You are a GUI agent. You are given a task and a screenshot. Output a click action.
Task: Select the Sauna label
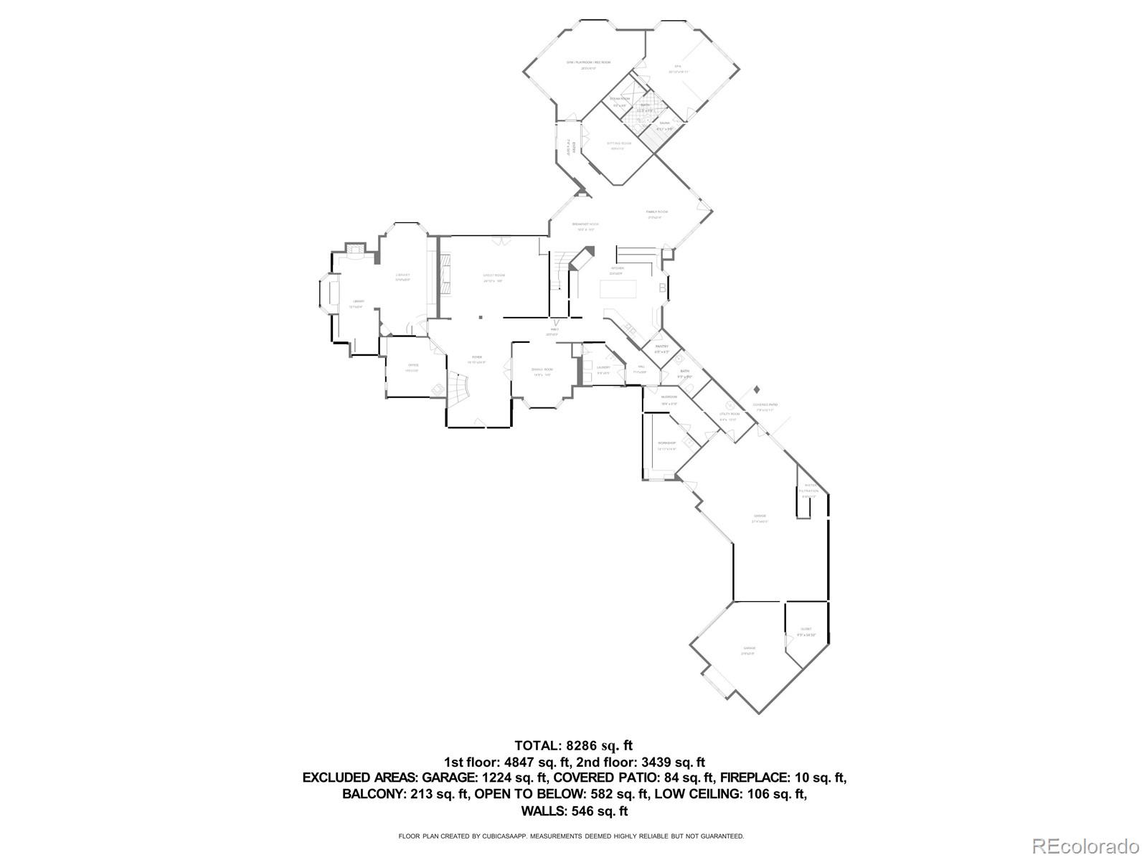click(x=665, y=124)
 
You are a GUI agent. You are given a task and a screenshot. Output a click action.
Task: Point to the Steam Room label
click(x=620, y=99)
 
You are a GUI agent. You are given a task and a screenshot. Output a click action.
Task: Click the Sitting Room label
click(x=619, y=143)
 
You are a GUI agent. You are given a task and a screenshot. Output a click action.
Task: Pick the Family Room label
click(x=657, y=212)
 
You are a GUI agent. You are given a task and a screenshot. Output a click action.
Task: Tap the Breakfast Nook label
click(x=585, y=225)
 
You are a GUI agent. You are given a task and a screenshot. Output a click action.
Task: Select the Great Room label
click(x=494, y=276)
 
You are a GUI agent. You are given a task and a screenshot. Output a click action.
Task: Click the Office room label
click(x=412, y=366)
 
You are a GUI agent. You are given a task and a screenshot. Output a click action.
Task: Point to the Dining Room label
click(x=542, y=369)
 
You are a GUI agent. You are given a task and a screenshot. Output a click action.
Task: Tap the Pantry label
click(x=661, y=347)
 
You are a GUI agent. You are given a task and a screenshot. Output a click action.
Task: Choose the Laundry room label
click(x=603, y=368)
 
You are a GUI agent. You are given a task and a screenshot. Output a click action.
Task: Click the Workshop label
click(x=666, y=443)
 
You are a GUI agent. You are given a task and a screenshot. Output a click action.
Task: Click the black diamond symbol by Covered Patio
click(x=757, y=389)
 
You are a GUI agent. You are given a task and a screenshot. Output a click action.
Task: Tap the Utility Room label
click(x=729, y=415)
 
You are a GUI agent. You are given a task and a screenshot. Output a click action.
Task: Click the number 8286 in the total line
click(x=581, y=745)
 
